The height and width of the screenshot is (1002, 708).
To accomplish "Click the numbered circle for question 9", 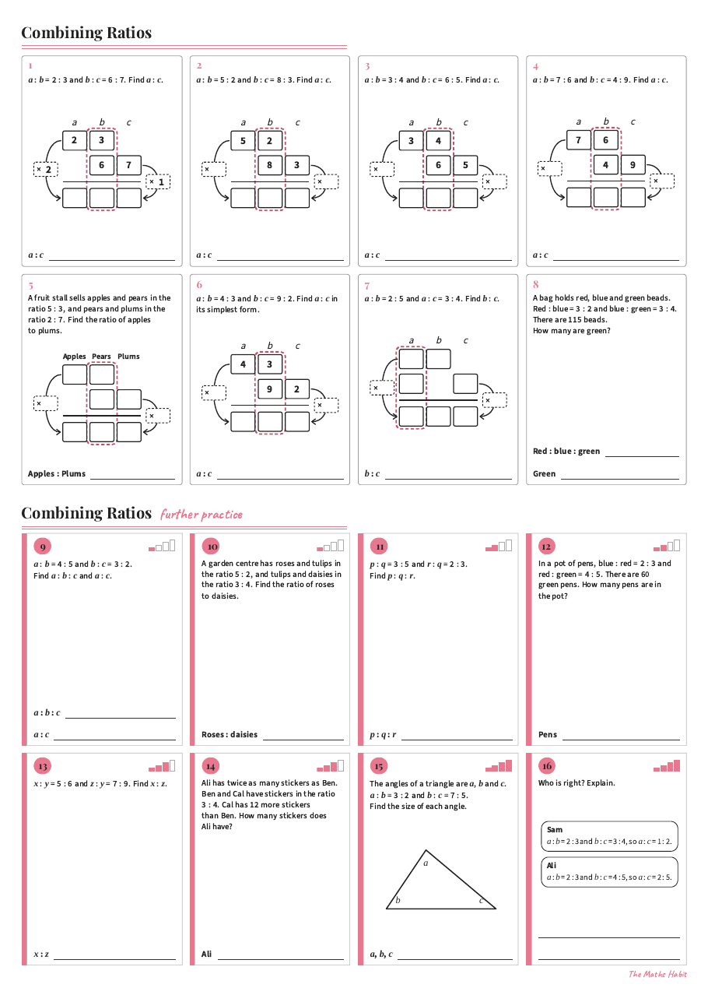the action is point(43,547).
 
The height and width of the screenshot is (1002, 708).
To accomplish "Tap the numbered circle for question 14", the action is point(211,766).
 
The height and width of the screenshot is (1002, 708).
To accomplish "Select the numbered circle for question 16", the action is point(547,766).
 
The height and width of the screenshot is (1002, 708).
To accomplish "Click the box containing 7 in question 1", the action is point(128,165).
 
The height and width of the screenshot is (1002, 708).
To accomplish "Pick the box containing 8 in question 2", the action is point(269,165).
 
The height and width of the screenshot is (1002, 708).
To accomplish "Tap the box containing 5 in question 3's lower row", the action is point(465,165).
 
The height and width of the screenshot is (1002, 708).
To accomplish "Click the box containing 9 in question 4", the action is point(633,164).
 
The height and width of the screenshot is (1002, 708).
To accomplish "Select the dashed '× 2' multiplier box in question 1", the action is point(46,169).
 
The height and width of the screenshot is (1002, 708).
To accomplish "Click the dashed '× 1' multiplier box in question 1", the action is point(158,181).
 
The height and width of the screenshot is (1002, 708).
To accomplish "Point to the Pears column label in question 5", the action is point(101,357).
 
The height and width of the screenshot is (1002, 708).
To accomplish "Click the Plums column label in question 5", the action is point(128,357).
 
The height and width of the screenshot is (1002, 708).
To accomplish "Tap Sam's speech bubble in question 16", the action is point(609,836).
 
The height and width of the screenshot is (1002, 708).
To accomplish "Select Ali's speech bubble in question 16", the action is point(609,872).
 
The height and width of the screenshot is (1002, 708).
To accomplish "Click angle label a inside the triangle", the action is point(426,863).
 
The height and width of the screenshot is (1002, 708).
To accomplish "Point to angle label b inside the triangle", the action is point(398,900).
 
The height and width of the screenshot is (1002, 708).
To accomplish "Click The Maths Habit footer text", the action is point(657,974).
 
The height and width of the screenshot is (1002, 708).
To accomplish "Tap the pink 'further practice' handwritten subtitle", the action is point(202,515).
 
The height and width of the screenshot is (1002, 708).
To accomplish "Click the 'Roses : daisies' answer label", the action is point(230,734).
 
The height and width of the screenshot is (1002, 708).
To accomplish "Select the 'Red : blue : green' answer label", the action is point(566,452).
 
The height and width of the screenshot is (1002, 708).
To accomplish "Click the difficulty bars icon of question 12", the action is point(667,545).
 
